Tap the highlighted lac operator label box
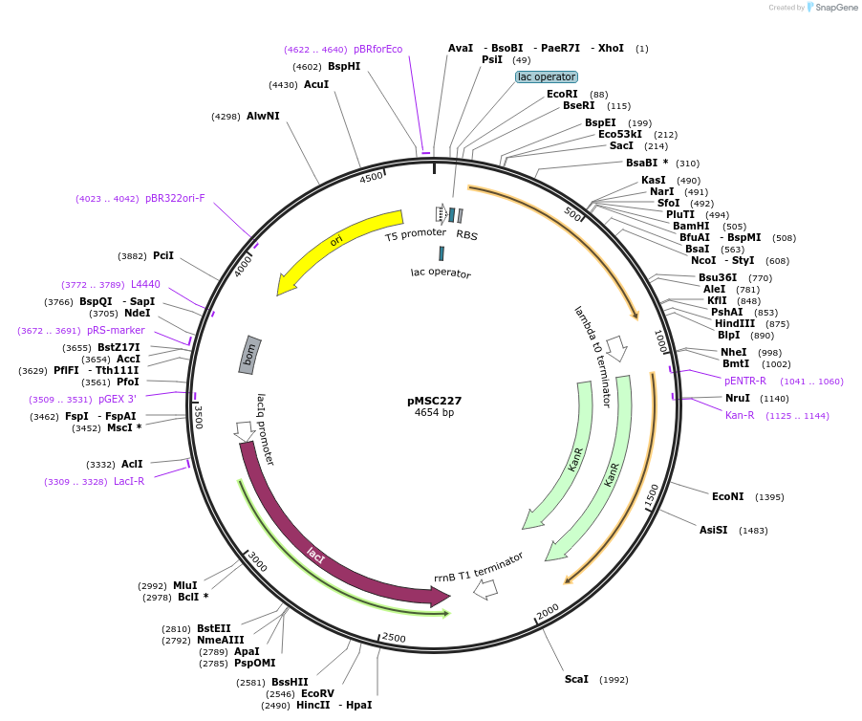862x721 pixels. [547, 76]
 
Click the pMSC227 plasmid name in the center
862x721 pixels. [434, 401]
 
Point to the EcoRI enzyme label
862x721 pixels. [562, 94]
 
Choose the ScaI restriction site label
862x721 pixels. [576, 679]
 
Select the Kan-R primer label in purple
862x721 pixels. [740, 415]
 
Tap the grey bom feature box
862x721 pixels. [250, 355]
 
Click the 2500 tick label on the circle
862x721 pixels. [394, 638]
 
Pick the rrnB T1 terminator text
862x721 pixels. [479, 566]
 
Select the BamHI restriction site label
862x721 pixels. [691, 226]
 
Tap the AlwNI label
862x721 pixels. [263, 116]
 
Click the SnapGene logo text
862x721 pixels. [835, 8]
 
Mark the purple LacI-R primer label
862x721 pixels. [129, 481]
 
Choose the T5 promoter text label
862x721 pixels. [416, 233]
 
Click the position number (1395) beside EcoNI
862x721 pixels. [769, 497]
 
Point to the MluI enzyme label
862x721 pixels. [184, 585]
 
